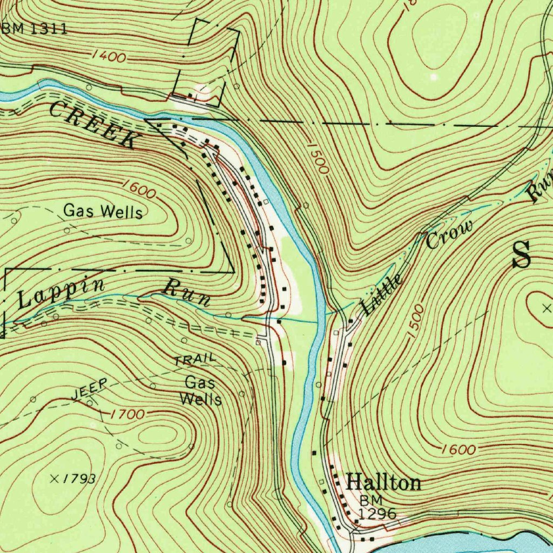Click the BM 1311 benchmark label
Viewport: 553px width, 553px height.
tap(35, 29)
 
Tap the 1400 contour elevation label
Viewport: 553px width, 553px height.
tap(109, 56)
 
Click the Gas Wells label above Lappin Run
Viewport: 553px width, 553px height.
tap(103, 211)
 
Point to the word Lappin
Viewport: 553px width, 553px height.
tap(60, 293)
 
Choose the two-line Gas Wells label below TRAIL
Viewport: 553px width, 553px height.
tap(201, 391)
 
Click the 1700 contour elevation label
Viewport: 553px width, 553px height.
tap(127, 415)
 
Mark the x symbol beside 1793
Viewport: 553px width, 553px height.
tap(54, 478)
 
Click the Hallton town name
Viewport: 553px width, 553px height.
tap(383, 482)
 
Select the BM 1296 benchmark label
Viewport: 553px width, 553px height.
tap(377, 507)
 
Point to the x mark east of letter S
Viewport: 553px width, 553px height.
tap(547, 308)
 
